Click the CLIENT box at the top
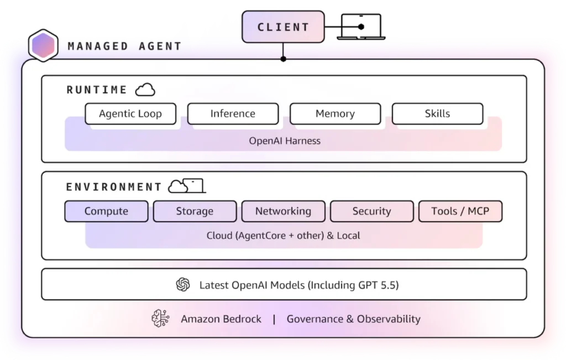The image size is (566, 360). tap(283, 27)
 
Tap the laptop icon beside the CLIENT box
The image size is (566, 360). tap(361, 27)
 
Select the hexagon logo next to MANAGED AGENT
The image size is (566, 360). tap(43, 45)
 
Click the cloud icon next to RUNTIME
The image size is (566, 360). tap(145, 90)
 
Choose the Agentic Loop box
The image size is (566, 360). tap(130, 114)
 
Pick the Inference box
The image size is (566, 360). tap(233, 114)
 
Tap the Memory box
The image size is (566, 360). tap(335, 114)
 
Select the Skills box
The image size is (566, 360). tap(438, 114)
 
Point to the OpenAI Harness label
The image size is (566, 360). tap(285, 141)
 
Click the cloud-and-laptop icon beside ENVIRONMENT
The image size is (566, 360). tap(187, 186)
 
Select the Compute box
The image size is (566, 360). tap(106, 211)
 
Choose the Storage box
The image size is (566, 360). tap(195, 211)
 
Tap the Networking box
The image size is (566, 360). tap(284, 211)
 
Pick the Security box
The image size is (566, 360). tap(372, 211)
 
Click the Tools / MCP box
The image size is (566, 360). tap(460, 211)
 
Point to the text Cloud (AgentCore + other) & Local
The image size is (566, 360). tap(284, 236)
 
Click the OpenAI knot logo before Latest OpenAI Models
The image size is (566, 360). tap(183, 285)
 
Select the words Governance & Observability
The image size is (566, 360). tap(353, 319)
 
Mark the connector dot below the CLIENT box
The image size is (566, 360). tap(284, 59)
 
